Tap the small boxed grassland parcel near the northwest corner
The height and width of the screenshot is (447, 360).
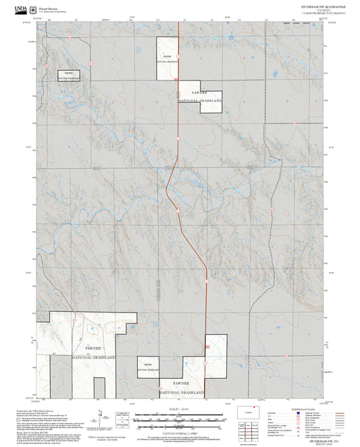click(68, 76)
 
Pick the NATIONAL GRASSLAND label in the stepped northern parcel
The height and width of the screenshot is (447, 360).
click(201, 101)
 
